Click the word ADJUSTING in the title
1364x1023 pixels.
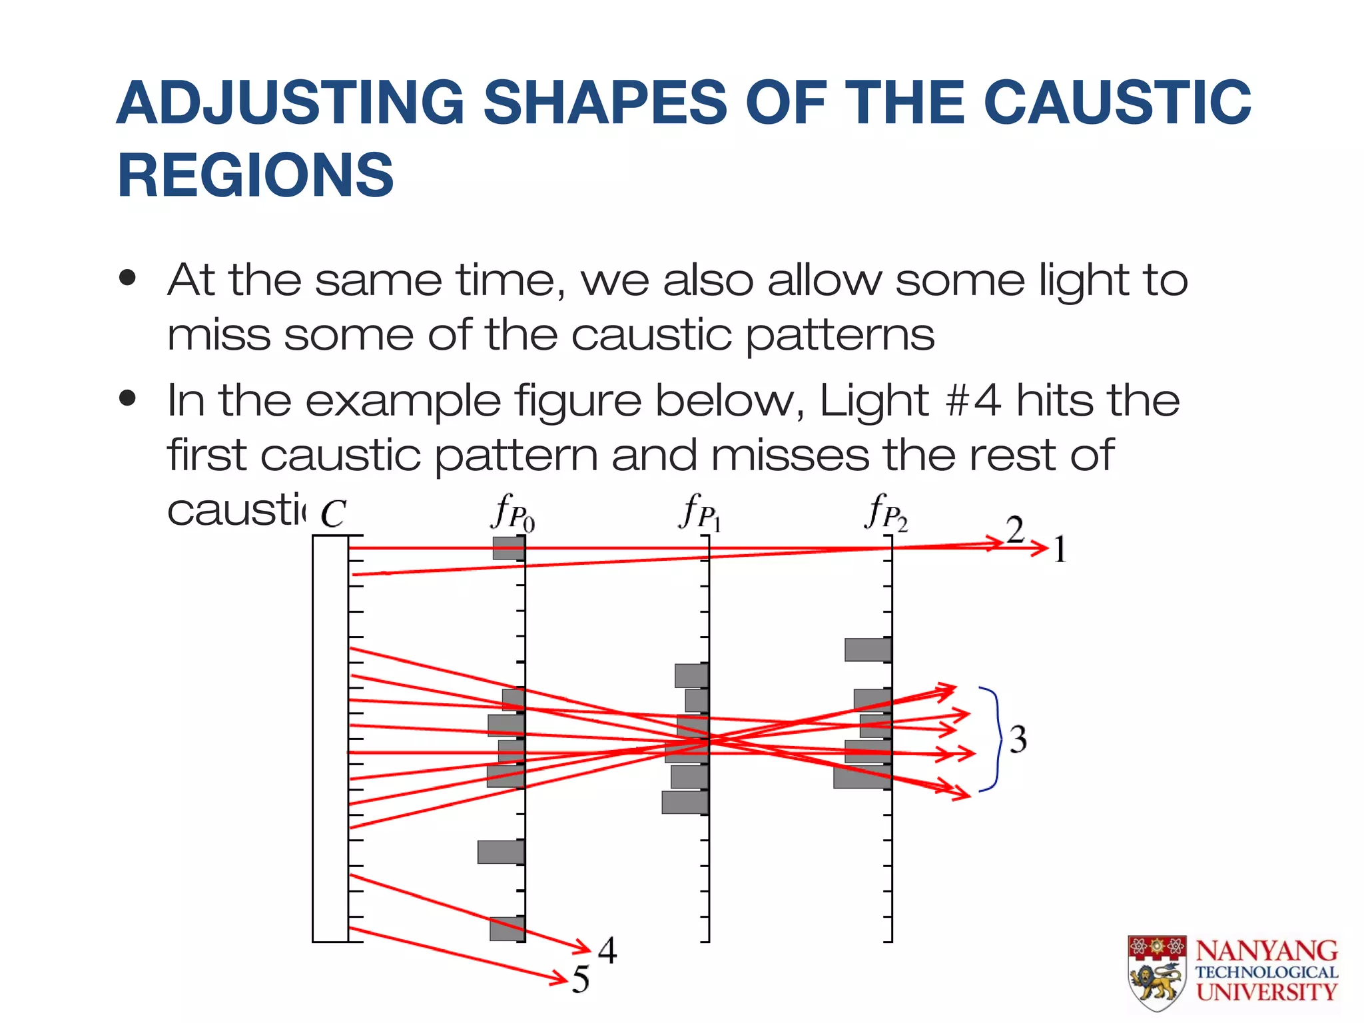[290, 103]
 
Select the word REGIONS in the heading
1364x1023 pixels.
[256, 175]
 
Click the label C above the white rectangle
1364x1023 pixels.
[333, 513]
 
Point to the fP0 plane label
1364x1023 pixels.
[513, 513]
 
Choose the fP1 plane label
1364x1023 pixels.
[700, 513]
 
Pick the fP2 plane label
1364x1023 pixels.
[886, 513]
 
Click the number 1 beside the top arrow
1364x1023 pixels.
[1060, 550]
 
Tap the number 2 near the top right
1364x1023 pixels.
[1015, 530]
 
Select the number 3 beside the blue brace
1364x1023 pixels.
[1018, 739]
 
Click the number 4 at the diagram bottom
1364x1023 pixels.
[607, 950]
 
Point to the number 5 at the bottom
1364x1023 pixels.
[581, 979]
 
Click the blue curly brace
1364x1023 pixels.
[993, 739]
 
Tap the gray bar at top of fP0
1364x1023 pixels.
[508, 548]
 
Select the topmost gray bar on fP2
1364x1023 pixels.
[868, 649]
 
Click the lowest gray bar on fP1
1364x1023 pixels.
[684, 802]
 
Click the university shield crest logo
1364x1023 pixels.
[1157, 972]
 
